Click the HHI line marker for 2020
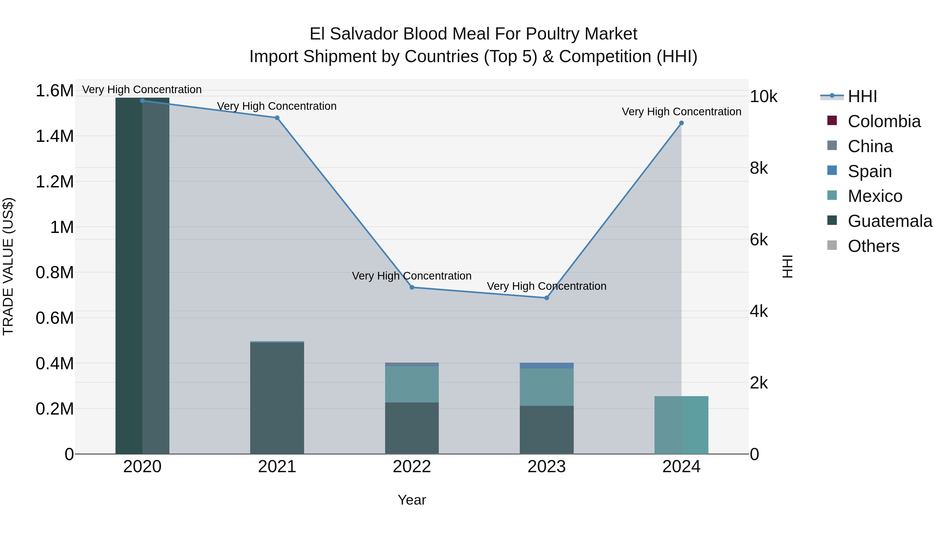(x=142, y=101)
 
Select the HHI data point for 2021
(x=277, y=118)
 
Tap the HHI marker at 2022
(x=412, y=287)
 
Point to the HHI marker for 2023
(x=546, y=298)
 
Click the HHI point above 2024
(x=681, y=123)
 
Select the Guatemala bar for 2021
(x=277, y=397)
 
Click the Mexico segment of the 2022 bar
(x=412, y=384)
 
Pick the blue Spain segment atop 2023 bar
(x=546, y=366)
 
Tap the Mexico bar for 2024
(x=681, y=425)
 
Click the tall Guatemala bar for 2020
(x=142, y=276)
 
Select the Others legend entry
(x=873, y=246)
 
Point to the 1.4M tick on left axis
(x=54, y=136)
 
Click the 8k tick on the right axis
(x=759, y=168)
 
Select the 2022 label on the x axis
(x=412, y=467)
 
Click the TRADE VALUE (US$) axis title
(x=8, y=266)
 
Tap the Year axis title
(x=412, y=500)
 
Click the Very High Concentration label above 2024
(x=681, y=111)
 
